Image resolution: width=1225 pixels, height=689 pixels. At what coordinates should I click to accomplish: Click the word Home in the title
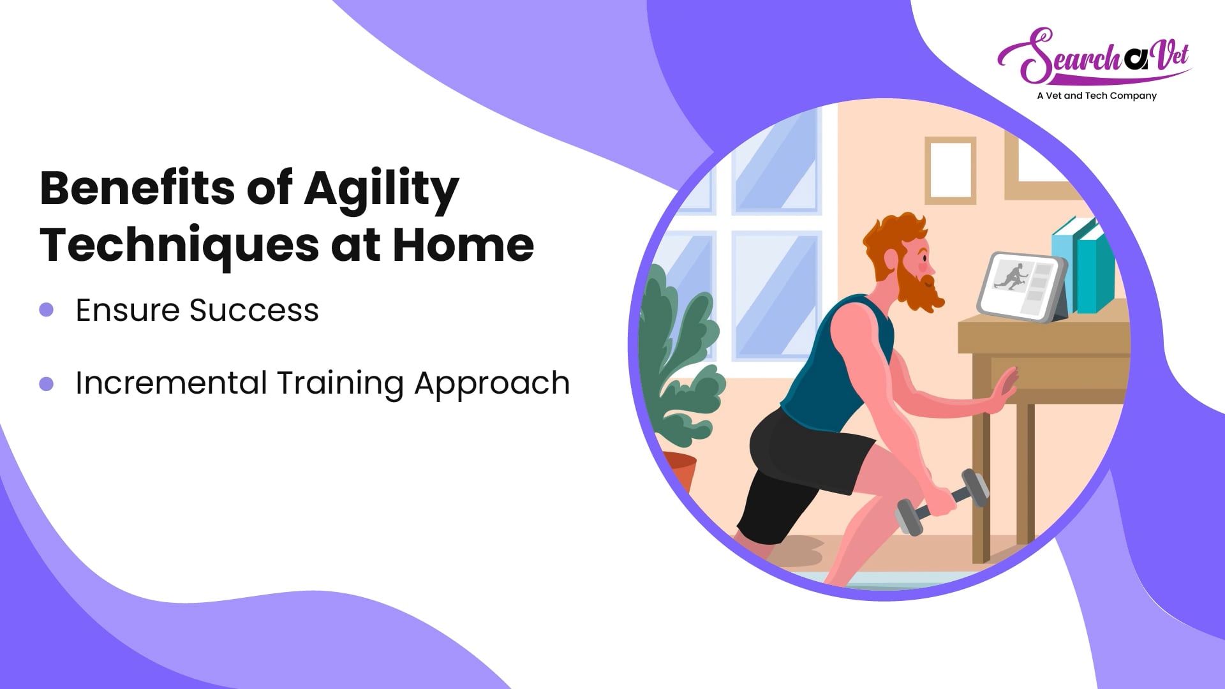pyautogui.click(x=463, y=244)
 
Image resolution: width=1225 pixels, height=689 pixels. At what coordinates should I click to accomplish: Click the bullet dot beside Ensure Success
pyautogui.click(x=46, y=310)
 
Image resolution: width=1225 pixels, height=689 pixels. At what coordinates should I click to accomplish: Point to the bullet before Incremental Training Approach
pyautogui.click(x=46, y=383)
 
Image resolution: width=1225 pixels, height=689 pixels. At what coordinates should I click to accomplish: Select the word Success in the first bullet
pyautogui.click(x=254, y=311)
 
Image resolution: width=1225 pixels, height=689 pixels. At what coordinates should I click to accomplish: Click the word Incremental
pyautogui.click(x=171, y=383)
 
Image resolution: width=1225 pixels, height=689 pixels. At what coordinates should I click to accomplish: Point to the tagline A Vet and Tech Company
pyautogui.click(x=1096, y=96)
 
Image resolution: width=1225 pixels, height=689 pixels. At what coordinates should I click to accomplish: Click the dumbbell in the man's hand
pyautogui.click(x=942, y=502)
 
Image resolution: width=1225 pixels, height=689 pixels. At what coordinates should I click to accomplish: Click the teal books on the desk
pyautogui.click(x=1083, y=265)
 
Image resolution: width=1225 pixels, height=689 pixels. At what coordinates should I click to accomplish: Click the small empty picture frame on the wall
pyautogui.click(x=951, y=170)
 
